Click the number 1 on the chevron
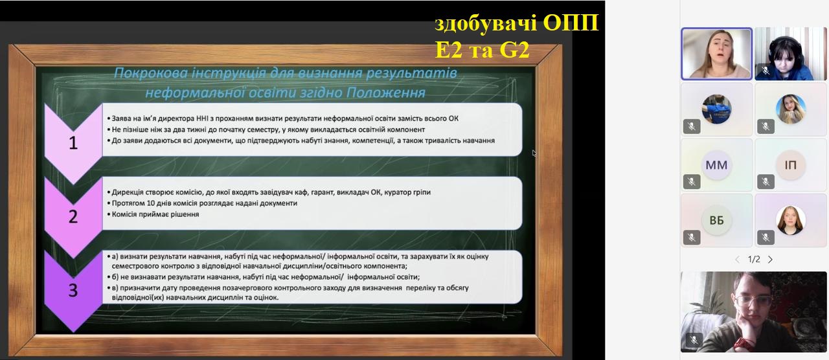[x=73, y=143]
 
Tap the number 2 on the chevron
[x=73, y=216]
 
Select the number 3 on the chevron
[x=73, y=290]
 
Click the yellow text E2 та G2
[x=483, y=50]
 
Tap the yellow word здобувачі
[x=486, y=23]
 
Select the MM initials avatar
[x=716, y=165]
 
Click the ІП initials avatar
[x=791, y=165]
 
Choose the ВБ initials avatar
[x=716, y=221]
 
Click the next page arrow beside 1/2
[x=771, y=260]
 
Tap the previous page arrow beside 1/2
[x=737, y=260]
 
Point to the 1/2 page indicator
[x=754, y=260]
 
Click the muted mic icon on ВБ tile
[x=692, y=237]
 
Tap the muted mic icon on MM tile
[x=692, y=182]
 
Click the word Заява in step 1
[x=122, y=118]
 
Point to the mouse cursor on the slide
[x=534, y=153]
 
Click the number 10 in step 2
[x=151, y=203]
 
